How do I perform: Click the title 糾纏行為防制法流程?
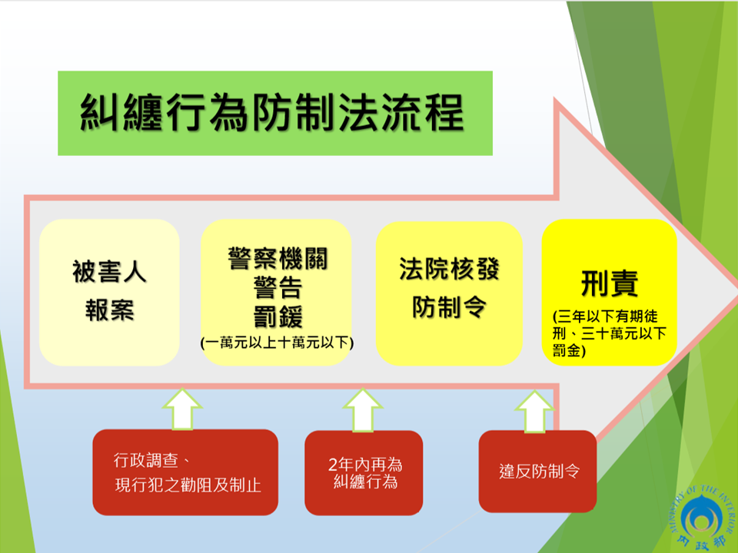click(x=272, y=112)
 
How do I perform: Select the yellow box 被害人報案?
click(x=109, y=292)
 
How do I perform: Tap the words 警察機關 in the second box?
click(x=278, y=258)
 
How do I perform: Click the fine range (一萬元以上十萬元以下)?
click(x=277, y=343)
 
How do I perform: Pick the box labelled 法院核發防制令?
click(x=449, y=293)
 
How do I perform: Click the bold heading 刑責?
click(x=610, y=283)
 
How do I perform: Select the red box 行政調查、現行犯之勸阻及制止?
click(x=185, y=472)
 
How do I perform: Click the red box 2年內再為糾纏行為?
click(x=364, y=472)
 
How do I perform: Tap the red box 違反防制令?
click(x=537, y=471)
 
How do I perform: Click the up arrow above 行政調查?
click(x=183, y=409)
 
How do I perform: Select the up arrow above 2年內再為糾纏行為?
click(x=362, y=410)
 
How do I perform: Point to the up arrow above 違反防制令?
click(x=535, y=411)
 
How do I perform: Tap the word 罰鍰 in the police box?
click(x=278, y=316)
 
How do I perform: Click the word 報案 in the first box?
click(x=110, y=310)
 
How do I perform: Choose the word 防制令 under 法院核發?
click(x=449, y=307)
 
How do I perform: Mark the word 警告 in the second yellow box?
click(x=278, y=287)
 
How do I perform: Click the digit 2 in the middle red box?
click(x=333, y=465)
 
